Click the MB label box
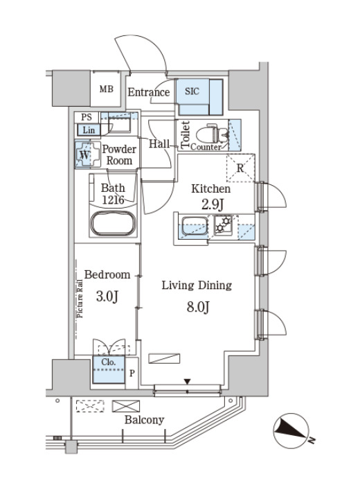106,89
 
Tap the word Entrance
149,92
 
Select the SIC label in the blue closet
192,91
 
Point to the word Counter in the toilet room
206,147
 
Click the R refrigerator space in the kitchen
240,168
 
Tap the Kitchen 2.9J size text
213,205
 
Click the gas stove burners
223,225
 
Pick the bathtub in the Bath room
113,223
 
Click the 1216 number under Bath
114,200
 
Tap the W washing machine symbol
84,155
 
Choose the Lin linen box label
89,130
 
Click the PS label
87,117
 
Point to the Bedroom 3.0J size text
107,296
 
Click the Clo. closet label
109,362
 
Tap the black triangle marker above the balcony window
188,382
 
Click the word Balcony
144,420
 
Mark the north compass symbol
291,431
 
